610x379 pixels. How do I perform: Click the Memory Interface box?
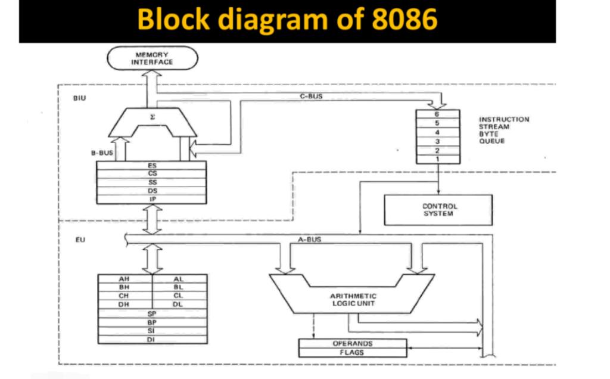[152, 58]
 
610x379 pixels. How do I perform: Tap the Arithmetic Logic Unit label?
[353, 299]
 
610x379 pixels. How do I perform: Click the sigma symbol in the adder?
[152, 119]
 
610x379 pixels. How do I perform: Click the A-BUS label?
[309, 240]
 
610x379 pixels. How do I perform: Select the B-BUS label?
[102, 153]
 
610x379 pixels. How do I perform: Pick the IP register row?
[152, 199]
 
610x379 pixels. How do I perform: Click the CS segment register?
[152, 173]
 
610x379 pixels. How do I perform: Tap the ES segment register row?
[152, 165]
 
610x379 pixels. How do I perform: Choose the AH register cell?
[124, 278]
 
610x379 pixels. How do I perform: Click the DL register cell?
[179, 304]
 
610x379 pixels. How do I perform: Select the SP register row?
[152, 313]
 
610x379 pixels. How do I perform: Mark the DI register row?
[152, 339]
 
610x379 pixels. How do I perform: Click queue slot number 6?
[437, 114]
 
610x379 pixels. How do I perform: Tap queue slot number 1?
[437, 159]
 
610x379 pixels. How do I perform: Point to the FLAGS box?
[352, 352]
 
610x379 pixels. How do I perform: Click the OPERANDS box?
[352, 344]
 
